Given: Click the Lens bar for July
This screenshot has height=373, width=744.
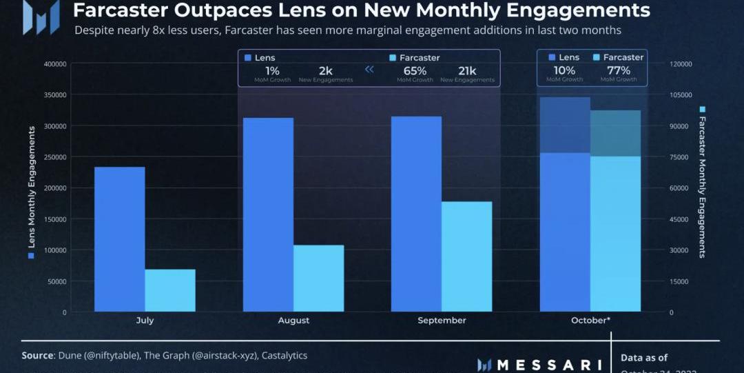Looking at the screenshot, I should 119,239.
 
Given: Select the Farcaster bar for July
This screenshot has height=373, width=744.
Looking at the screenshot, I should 170,290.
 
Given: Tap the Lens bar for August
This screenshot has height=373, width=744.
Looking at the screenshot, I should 268,214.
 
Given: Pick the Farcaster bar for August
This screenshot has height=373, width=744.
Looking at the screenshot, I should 318,278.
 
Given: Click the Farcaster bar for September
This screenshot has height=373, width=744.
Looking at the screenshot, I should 466,256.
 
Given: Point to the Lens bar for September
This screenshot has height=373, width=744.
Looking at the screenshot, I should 416,214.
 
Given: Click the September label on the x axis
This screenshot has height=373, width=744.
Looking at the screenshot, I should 442,321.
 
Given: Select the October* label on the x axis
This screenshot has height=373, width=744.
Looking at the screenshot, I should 590,321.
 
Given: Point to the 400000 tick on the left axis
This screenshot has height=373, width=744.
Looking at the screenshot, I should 54,64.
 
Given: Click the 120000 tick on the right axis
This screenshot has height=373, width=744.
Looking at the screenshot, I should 681,64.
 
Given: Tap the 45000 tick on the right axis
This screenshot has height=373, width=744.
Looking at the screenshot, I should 679,219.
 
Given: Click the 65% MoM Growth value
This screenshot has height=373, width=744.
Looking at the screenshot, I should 415,71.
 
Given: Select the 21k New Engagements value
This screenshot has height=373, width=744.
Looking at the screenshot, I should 467,71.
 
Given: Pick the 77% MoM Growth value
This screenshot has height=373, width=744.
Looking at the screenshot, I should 618,71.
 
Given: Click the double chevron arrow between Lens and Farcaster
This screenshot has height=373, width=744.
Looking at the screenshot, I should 369,69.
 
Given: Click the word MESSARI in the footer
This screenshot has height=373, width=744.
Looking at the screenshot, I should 549,364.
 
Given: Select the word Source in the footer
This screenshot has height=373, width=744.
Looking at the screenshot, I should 38,356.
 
